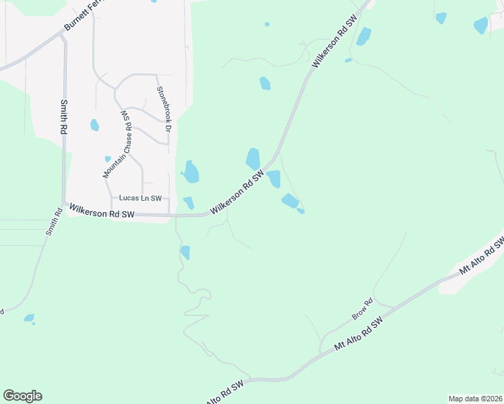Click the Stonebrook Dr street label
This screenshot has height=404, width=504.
(164, 108)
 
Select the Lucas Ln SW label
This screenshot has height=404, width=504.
(141, 198)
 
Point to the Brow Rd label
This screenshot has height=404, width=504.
(362, 310)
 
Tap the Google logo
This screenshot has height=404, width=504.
(22, 396)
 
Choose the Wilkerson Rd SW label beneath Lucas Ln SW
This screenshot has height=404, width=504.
(102, 213)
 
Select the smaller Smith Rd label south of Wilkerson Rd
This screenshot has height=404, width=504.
(54, 222)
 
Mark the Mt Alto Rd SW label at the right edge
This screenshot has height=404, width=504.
(482, 254)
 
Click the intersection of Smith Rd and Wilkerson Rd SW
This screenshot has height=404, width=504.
(65, 204)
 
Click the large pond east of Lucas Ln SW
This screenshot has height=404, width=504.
(191, 172)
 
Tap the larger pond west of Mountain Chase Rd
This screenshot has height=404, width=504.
(94, 125)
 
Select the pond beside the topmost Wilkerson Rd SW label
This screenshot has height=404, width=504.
(363, 36)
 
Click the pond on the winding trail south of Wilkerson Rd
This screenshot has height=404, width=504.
(185, 252)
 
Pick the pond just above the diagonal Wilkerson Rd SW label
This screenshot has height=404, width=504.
(253, 159)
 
